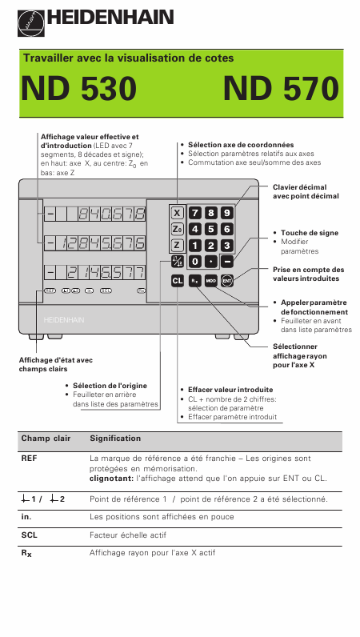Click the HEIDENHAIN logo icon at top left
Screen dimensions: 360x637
click(31, 22)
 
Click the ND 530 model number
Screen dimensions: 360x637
click(79, 89)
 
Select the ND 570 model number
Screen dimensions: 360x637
click(281, 89)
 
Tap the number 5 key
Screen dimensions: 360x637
click(210, 229)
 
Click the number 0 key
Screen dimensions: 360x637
click(194, 262)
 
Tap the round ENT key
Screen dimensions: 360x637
click(227, 281)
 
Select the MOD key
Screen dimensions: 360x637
click(210, 281)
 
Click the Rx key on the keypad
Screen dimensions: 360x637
click(194, 281)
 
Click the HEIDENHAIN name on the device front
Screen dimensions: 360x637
click(64, 320)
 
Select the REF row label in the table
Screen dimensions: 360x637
click(30, 459)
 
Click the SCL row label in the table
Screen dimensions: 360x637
click(30, 535)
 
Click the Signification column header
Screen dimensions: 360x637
click(115, 439)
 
